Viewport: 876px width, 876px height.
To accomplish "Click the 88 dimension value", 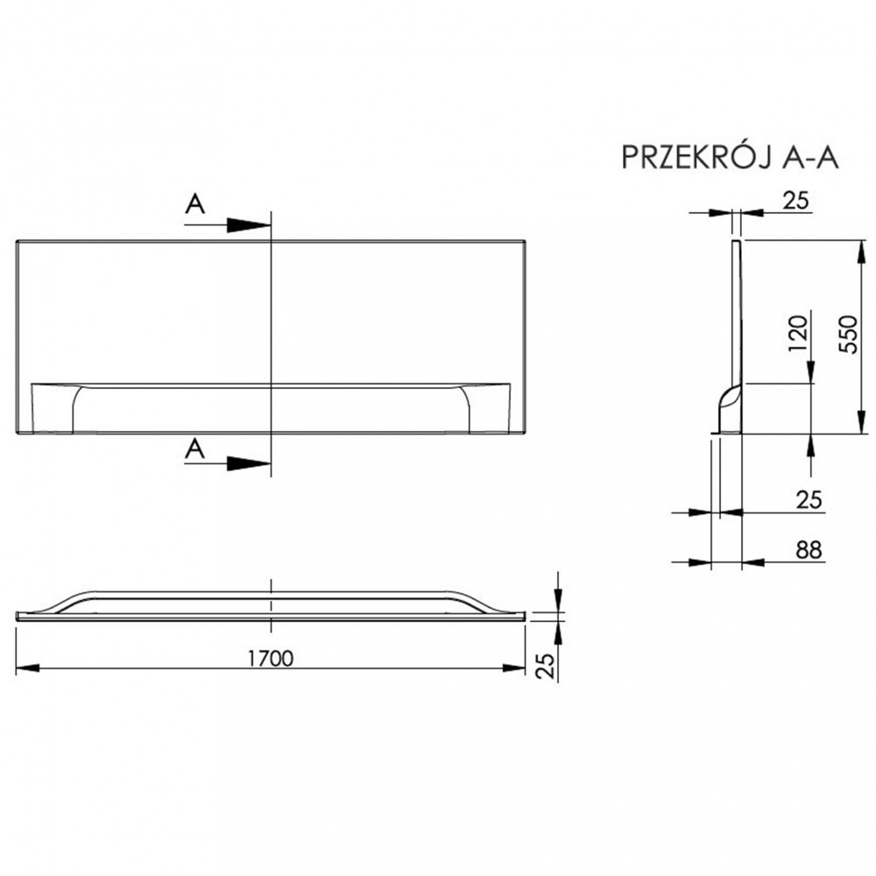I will [809, 550].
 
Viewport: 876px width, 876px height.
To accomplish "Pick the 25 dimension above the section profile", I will [795, 201].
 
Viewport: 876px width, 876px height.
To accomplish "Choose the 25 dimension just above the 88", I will [809, 499].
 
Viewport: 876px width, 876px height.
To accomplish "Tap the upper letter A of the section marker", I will [195, 204].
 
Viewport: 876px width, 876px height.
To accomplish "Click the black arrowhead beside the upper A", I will [248, 224].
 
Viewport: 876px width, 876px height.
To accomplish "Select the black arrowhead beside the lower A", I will [248, 463].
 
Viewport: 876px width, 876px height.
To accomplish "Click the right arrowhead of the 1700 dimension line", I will [514, 668].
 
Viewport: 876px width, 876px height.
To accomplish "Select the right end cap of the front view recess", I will [490, 408].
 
